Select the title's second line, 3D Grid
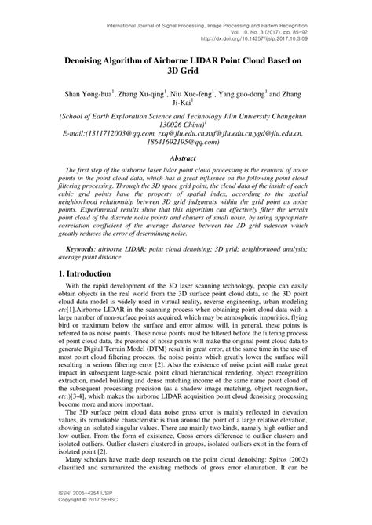tap(185, 72)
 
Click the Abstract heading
tap(185, 157)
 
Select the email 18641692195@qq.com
tap(185, 143)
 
